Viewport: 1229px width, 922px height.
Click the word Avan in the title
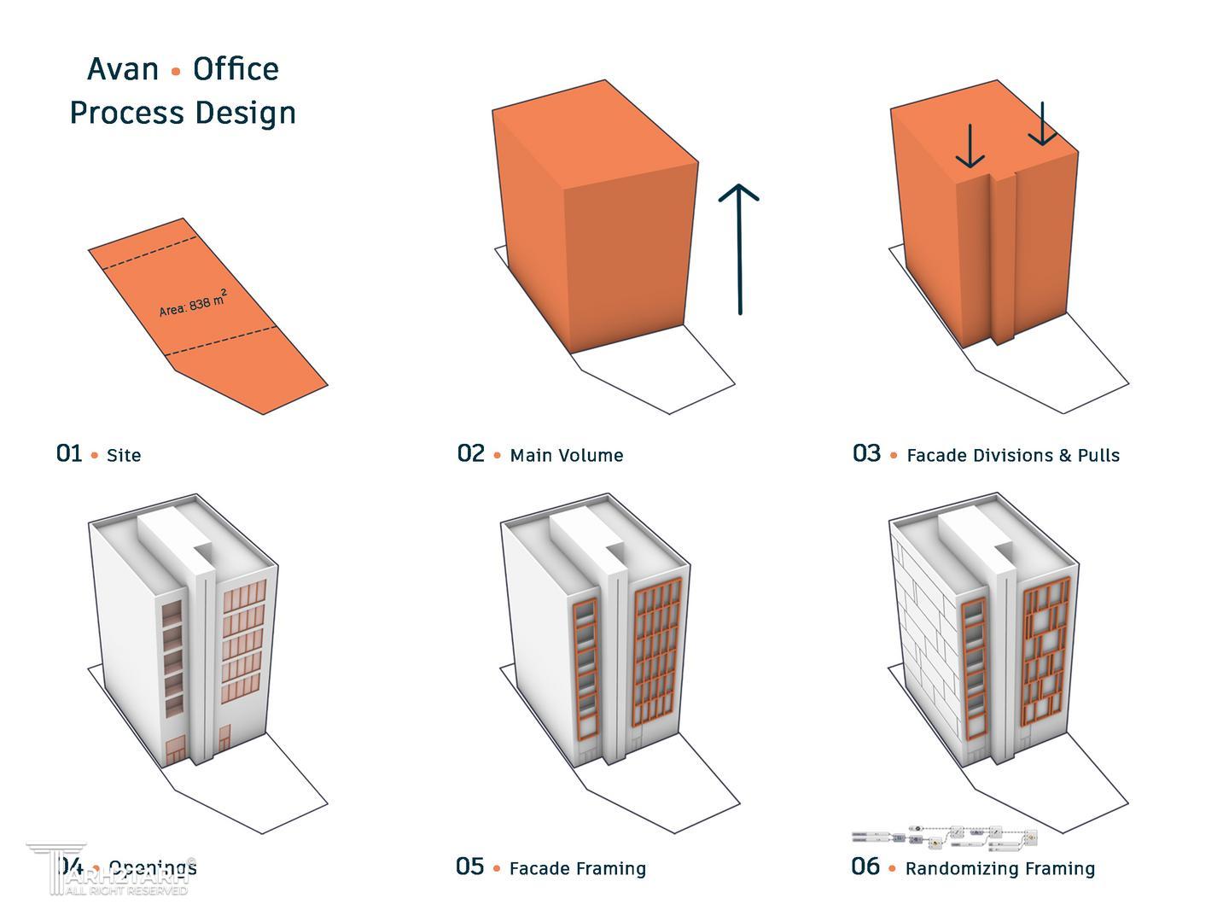pyautogui.click(x=123, y=69)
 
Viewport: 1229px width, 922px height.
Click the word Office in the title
pyautogui.click(x=236, y=69)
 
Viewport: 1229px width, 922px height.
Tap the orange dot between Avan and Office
pyautogui.click(x=176, y=72)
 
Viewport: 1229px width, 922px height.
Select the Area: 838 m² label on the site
pyautogui.click(x=193, y=304)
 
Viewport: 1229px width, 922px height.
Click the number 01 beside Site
pyautogui.click(x=69, y=453)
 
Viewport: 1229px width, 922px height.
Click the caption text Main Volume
pyautogui.click(x=566, y=455)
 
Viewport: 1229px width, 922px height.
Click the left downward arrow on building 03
pyautogui.click(x=970, y=146)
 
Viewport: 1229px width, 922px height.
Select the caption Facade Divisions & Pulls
pyautogui.click(x=1012, y=455)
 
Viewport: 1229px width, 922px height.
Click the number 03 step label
pyautogui.click(x=866, y=453)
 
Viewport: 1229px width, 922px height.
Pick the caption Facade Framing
pyautogui.click(x=577, y=868)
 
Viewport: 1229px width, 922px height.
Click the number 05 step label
pyautogui.click(x=469, y=867)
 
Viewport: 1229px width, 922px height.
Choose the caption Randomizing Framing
pyautogui.click(x=999, y=868)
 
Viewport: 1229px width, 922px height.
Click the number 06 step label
pyautogui.click(x=865, y=867)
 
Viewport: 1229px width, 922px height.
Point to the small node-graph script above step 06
pyautogui.click(x=946, y=837)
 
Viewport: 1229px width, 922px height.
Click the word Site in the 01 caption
pyautogui.click(x=124, y=455)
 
